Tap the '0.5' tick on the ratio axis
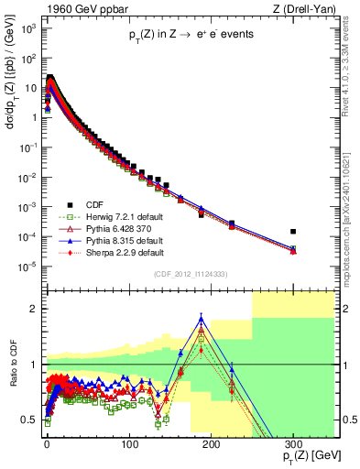tap(32, 420)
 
